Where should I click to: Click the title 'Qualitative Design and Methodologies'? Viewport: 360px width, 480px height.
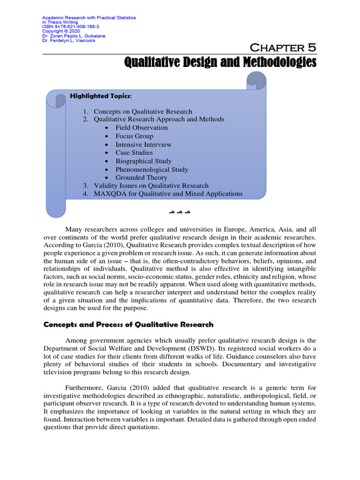coord(220,62)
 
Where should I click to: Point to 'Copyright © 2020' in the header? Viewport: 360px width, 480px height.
coord(57,31)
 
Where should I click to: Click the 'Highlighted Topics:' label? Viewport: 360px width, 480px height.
coord(101,96)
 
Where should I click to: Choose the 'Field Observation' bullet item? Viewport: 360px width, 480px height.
coord(142,127)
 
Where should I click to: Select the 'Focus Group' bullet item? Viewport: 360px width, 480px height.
coord(135,136)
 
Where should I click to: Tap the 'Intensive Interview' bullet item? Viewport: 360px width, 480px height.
coord(143,144)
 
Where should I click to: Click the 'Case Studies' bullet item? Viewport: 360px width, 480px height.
coord(134,152)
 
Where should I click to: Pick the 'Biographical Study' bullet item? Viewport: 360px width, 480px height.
coord(143,161)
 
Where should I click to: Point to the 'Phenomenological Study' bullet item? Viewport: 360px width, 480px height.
coord(152,169)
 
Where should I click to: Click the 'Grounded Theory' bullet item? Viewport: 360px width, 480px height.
coord(141,178)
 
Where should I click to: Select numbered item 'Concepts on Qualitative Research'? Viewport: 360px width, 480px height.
coord(142,112)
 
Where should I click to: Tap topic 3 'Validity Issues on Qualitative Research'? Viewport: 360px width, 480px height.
coord(151,186)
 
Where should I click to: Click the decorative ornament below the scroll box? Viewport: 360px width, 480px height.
coord(180,213)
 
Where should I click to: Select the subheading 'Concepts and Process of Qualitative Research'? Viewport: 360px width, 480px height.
coord(128,324)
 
